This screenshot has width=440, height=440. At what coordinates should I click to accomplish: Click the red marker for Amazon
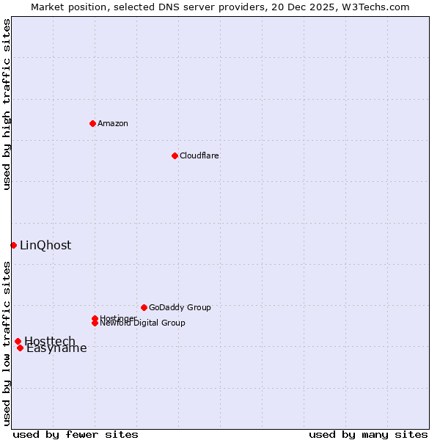point(92,123)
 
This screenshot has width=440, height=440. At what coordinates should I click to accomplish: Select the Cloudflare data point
point(175,155)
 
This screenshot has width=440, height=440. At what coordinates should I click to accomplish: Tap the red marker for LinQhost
point(13,245)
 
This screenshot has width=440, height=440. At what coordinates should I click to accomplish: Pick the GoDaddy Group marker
point(144,307)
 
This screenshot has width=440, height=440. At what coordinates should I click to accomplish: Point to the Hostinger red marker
point(95,318)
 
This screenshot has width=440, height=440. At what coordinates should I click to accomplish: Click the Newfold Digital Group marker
point(95,323)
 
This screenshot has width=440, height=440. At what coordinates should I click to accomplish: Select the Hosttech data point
point(18,341)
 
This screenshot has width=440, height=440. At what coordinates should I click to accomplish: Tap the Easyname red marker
point(20,348)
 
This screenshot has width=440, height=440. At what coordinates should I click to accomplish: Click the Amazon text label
point(113,123)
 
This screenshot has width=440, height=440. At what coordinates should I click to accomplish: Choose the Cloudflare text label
point(199,155)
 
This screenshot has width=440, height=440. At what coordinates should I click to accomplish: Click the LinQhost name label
point(45,245)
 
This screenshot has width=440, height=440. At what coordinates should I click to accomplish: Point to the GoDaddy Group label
point(180,307)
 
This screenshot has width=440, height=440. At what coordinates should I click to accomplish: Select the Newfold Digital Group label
point(142,323)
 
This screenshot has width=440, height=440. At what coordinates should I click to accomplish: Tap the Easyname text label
point(56,348)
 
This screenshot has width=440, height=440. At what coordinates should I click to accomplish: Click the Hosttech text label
point(50,341)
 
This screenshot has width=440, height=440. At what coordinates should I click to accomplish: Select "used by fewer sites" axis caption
point(76,434)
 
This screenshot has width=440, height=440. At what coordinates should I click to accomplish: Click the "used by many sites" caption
point(368,434)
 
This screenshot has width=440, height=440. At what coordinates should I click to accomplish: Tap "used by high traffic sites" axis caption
point(7,104)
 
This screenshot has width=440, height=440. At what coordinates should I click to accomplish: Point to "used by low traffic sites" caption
point(7,343)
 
